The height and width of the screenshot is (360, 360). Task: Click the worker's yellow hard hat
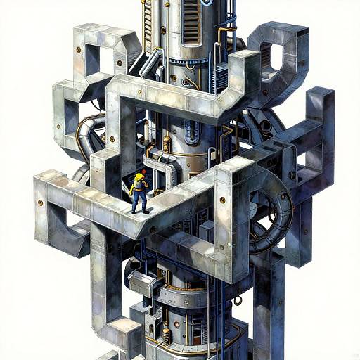click(142, 172)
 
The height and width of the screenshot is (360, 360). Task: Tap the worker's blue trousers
click(140, 202)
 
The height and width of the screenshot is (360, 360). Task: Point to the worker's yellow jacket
click(139, 184)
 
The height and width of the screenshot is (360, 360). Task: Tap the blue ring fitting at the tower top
click(207, 3)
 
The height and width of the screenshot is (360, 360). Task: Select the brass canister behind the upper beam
click(167, 145)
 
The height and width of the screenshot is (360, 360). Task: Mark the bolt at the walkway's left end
click(41, 202)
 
